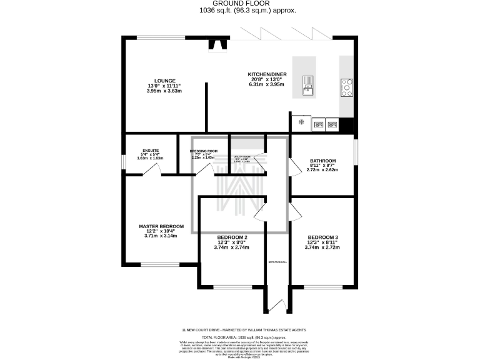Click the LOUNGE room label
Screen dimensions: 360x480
point(164,80)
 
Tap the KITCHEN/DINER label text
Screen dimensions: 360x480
point(266,74)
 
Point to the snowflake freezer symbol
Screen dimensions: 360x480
point(301,122)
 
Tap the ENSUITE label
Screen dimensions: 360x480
point(150,151)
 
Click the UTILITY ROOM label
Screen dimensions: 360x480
point(242,157)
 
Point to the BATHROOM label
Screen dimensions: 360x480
point(322,161)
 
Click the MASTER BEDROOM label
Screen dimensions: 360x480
point(161,226)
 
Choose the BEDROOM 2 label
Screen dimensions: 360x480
point(232,237)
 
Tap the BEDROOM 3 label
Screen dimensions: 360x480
point(322,237)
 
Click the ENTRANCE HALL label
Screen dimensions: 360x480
point(277,262)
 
